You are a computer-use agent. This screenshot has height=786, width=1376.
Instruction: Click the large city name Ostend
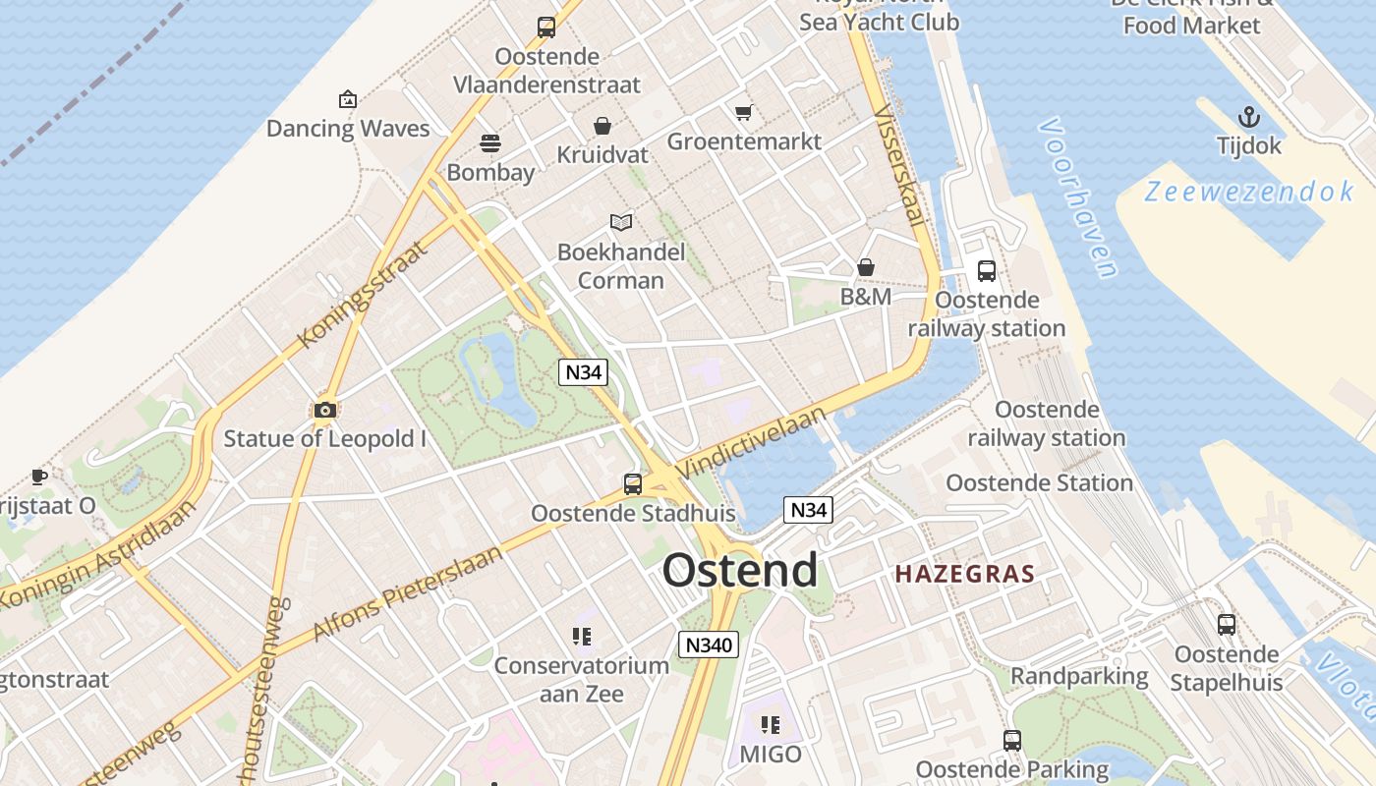tap(739, 571)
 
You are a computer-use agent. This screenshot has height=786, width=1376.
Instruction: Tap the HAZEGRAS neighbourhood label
tap(965, 575)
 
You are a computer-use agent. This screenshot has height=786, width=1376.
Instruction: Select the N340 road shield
tap(708, 645)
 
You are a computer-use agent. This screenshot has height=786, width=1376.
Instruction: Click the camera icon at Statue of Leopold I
tap(325, 410)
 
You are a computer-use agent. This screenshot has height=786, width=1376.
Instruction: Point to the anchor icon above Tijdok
tap(1248, 118)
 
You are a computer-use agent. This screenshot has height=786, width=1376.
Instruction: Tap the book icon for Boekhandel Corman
tap(620, 222)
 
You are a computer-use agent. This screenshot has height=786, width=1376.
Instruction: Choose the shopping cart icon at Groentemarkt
tap(744, 112)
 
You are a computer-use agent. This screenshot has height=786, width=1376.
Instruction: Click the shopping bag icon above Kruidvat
tap(602, 126)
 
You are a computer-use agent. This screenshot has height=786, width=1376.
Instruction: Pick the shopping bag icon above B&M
tap(866, 267)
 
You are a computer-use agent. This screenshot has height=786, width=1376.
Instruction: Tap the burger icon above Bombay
tap(490, 143)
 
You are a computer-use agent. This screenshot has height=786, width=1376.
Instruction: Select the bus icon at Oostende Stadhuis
tap(633, 483)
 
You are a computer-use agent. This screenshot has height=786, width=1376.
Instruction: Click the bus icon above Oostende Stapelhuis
tap(1227, 625)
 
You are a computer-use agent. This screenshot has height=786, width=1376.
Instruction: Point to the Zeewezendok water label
tap(1249, 192)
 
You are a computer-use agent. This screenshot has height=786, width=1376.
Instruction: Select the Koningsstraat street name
tap(364, 293)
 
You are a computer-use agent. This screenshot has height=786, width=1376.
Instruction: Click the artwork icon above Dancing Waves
tap(347, 99)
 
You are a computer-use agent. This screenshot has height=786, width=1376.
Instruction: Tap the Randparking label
tap(1079, 676)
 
